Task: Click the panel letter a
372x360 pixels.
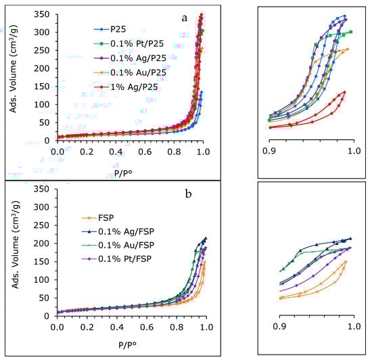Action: [x=183, y=18]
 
